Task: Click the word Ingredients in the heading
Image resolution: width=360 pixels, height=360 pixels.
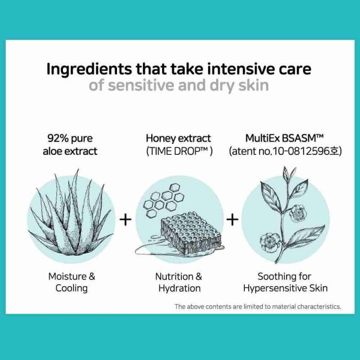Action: pos(89,70)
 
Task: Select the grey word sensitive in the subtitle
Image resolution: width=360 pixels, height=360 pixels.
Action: pos(141,85)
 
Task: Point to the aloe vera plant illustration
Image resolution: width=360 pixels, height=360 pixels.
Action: pos(71,215)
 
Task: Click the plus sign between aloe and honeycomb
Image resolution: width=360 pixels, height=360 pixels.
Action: pos(125,220)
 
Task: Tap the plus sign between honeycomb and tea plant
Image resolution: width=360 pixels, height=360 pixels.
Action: pos(232,220)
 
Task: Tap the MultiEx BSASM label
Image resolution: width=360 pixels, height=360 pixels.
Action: pos(284,138)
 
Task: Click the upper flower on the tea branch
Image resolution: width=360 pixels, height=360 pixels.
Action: pos(298,214)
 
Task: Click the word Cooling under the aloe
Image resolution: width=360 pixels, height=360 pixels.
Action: pos(71,289)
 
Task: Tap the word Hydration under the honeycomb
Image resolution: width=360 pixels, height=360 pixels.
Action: pos(179,289)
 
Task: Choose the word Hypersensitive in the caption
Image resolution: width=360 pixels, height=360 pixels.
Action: pos(275,289)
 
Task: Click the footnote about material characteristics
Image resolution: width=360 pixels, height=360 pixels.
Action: pos(258,307)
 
